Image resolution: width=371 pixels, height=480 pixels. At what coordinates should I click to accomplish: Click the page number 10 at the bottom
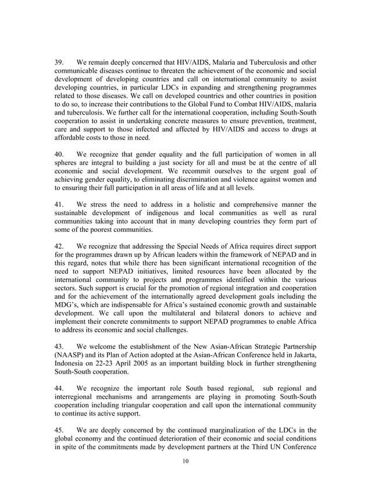click(x=185, y=462)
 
